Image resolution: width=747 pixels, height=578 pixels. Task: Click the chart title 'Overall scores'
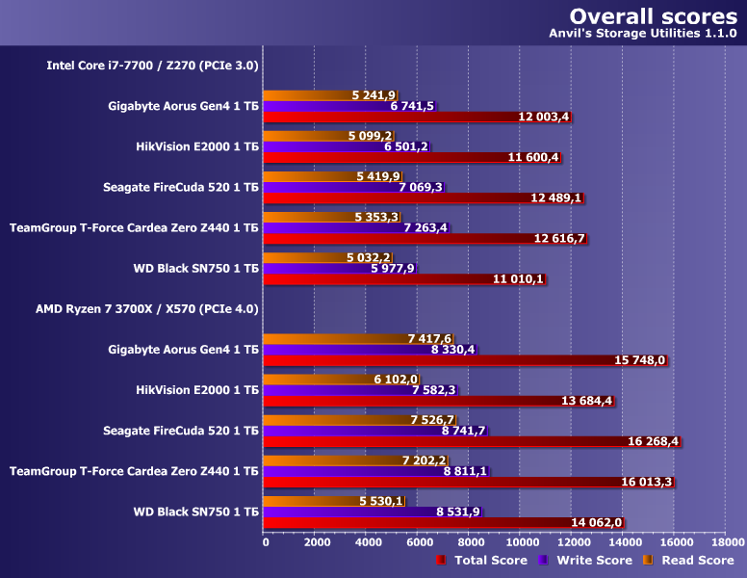click(654, 16)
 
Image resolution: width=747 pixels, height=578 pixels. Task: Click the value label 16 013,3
click(647, 482)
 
